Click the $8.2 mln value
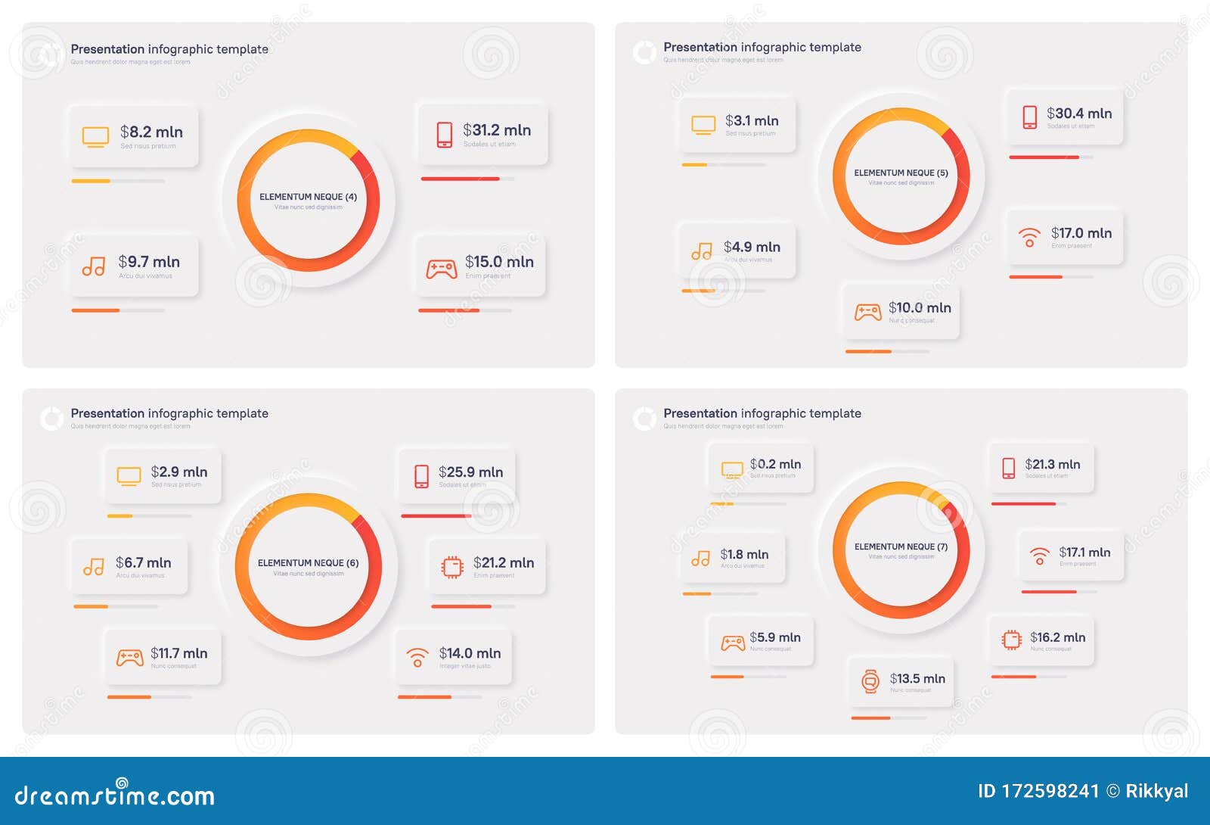(x=151, y=132)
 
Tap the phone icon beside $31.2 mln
(x=445, y=135)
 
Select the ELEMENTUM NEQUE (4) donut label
(x=308, y=197)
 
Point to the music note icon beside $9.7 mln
(x=94, y=266)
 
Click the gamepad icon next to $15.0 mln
(x=442, y=269)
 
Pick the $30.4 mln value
(x=1079, y=114)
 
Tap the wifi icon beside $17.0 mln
(x=1029, y=237)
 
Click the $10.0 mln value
(x=920, y=308)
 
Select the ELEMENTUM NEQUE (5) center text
(x=901, y=173)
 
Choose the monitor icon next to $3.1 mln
(x=703, y=125)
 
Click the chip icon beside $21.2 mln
(x=452, y=567)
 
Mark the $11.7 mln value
(x=178, y=653)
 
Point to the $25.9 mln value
(x=470, y=472)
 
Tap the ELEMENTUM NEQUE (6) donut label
(x=308, y=563)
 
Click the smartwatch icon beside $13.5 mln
(x=870, y=681)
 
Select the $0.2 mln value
(x=775, y=464)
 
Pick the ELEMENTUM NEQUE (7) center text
(x=901, y=546)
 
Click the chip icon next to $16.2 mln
(x=1011, y=640)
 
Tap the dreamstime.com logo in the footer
(x=115, y=795)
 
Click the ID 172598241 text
(x=1038, y=792)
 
